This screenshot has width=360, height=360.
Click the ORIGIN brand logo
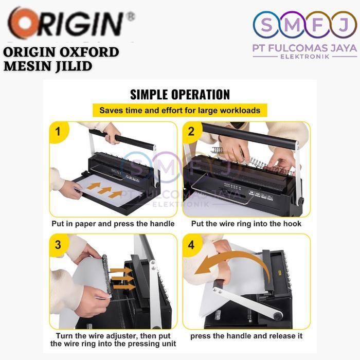(x=69, y=24)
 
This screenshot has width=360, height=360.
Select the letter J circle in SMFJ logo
(x=344, y=25)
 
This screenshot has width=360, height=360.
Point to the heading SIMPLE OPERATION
(x=179, y=94)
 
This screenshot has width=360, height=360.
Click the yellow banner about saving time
(x=179, y=110)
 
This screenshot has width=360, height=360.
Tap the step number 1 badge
(x=58, y=132)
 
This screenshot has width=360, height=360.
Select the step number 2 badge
(x=192, y=132)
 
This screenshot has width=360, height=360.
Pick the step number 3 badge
(x=58, y=244)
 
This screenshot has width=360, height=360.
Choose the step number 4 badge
(x=192, y=244)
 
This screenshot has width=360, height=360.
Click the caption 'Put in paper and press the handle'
(x=113, y=224)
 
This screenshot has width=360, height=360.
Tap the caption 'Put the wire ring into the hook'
(x=246, y=224)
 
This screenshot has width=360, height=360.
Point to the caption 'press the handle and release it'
(x=246, y=336)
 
